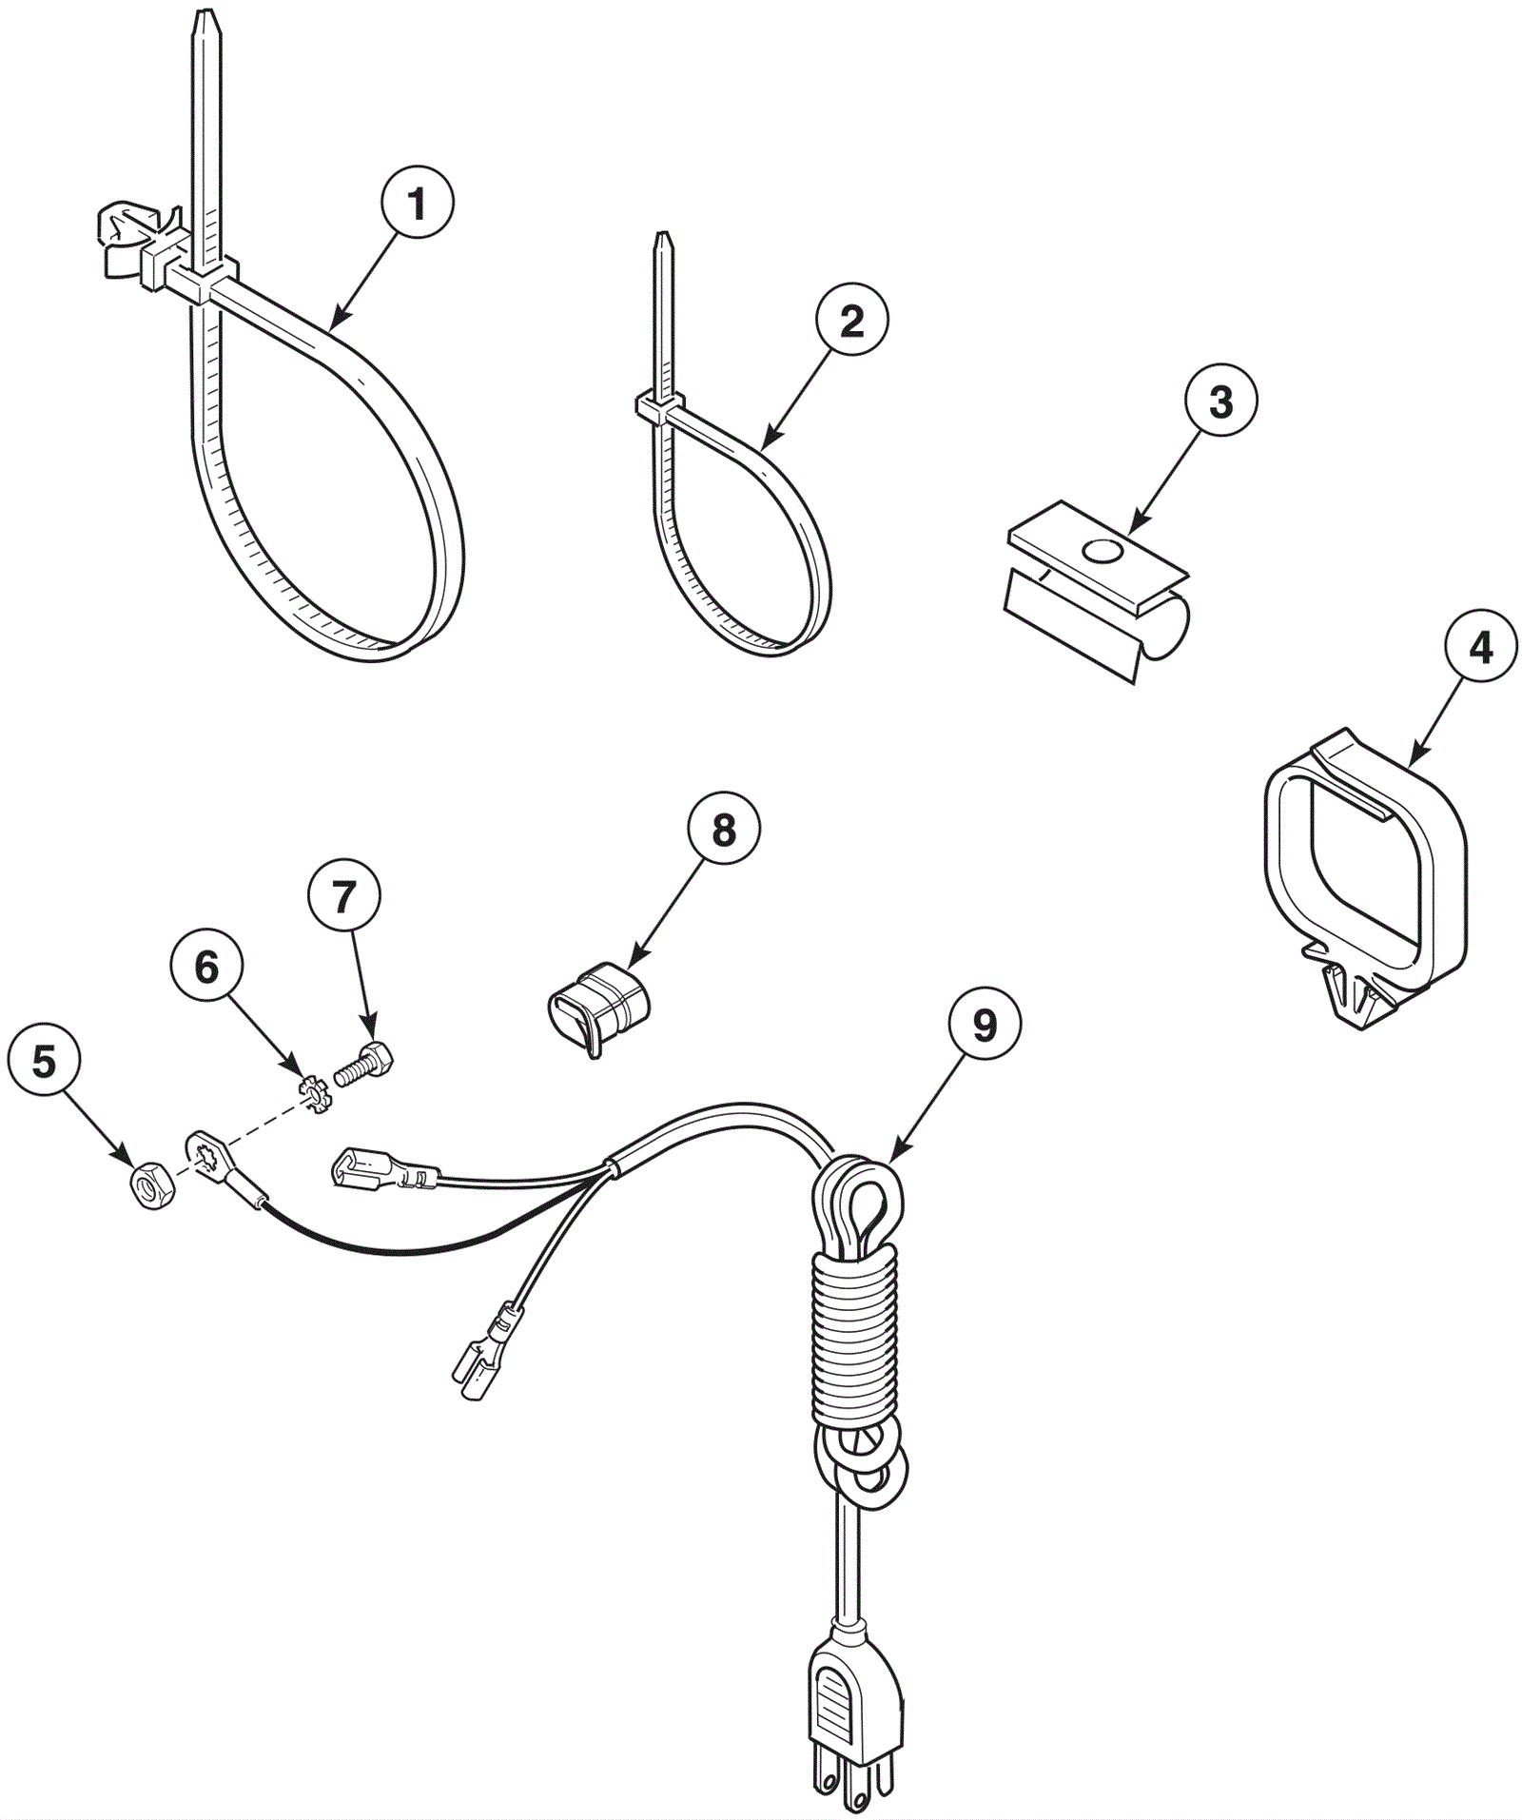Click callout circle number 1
pos(417,203)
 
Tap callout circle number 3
pos(1220,401)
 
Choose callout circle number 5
pos(45,1060)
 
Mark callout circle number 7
pos(343,896)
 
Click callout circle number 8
pos(724,831)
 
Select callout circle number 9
pos(985,1025)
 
